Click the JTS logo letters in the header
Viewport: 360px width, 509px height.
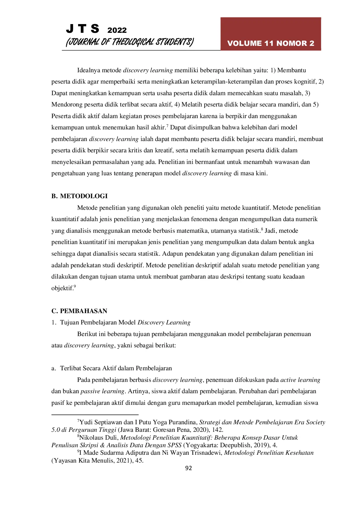tap(82, 29)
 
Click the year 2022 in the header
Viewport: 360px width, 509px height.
tap(117, 30)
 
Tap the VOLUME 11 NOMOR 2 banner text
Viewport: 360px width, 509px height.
tap(271, 43)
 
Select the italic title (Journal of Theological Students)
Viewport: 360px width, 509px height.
tap(129, 42)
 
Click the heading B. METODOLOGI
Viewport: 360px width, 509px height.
tap(80, 196)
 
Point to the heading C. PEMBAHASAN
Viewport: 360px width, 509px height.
tap(79, 311)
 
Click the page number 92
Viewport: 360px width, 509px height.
tap(188, 468)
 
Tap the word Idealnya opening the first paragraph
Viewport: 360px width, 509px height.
tap(89, 70)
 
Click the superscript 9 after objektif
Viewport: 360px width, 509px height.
tap(75, 286)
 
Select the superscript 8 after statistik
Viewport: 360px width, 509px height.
tap(262, 229)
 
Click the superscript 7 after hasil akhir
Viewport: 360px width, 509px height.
tap(167, 126)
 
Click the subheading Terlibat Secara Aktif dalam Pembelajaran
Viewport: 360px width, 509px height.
tap(116, 368)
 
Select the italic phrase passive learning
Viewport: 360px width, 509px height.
tap(102, 391)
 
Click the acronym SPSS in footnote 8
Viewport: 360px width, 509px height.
tap(174, 445)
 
